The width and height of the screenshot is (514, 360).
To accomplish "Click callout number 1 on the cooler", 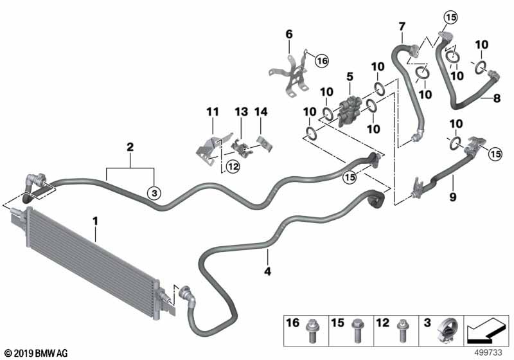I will (x=95, y=222).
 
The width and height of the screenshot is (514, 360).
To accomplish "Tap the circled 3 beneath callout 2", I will (x=154, y=192).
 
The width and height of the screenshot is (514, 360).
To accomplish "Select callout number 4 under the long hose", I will (x=268, y=271).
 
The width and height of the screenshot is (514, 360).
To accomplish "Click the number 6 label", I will (x=288, y=33).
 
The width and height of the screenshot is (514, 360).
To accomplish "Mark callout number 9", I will (x=453, y=197).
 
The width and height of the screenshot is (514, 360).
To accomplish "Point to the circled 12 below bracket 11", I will (x=231, y=167).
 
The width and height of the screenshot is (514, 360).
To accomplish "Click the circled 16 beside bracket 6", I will (x=321, y=60).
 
